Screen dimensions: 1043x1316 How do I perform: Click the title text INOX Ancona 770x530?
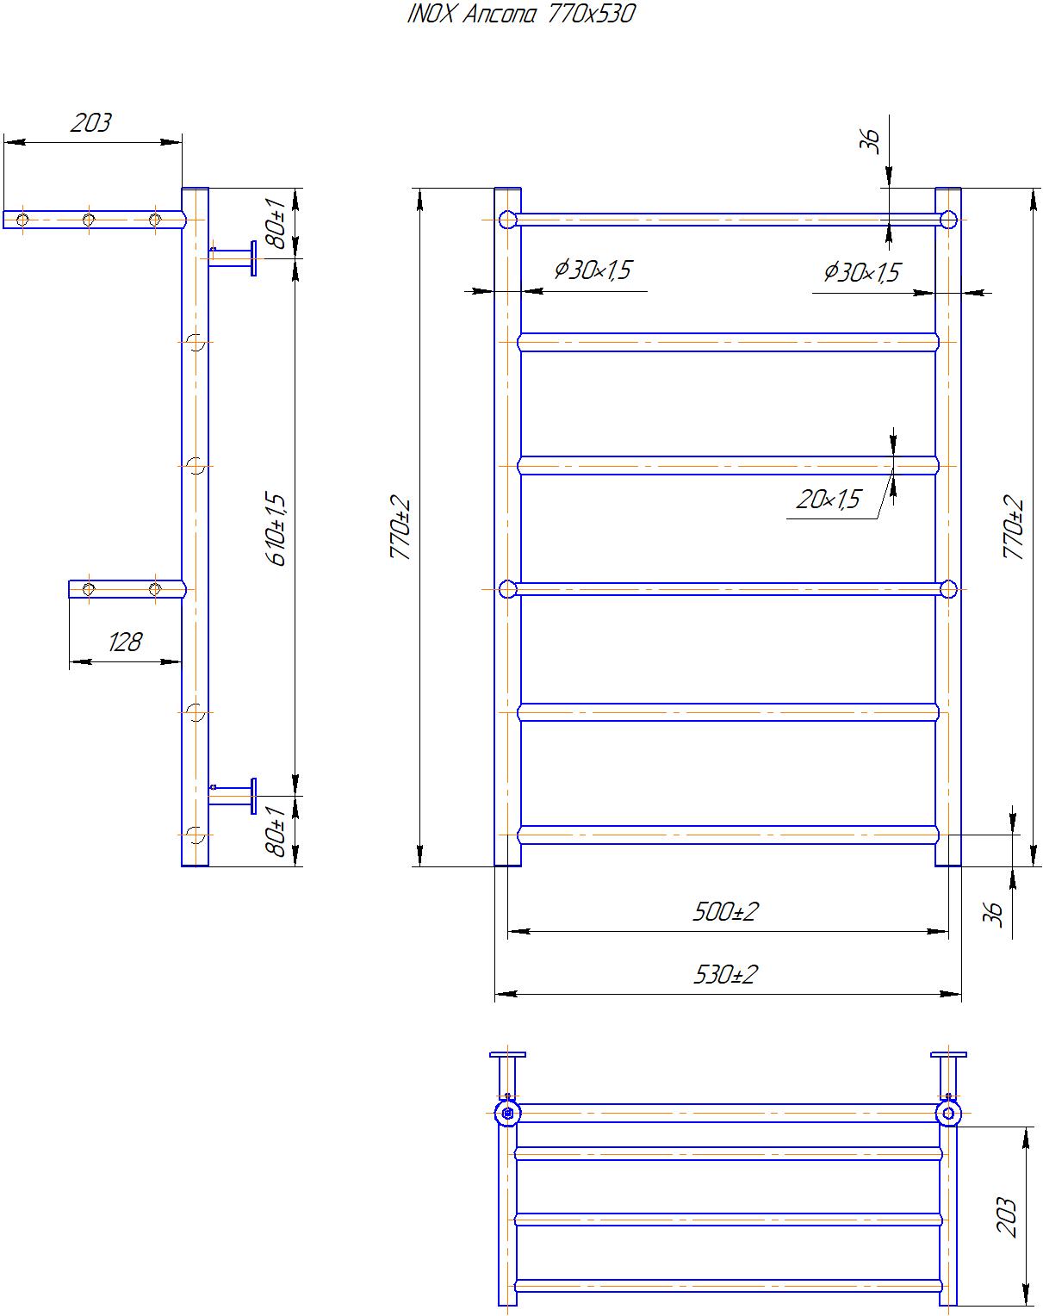tap(520, 14)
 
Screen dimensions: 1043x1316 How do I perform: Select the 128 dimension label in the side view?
tap(125, 642)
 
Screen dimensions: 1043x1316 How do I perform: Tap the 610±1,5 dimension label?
tap(276, 530)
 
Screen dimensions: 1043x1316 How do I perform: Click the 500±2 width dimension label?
tap(725, 911)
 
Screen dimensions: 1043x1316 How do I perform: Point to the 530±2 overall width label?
tap(725, 974)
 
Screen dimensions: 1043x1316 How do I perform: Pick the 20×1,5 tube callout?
tap(829, 500)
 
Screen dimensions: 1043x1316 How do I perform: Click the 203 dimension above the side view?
tap(91, 123)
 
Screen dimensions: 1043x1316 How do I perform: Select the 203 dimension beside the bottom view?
tap(1006, 1217)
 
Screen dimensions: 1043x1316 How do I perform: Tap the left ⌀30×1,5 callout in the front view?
tap(593, 270)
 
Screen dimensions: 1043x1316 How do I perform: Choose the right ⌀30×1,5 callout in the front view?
tap(861, 272)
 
